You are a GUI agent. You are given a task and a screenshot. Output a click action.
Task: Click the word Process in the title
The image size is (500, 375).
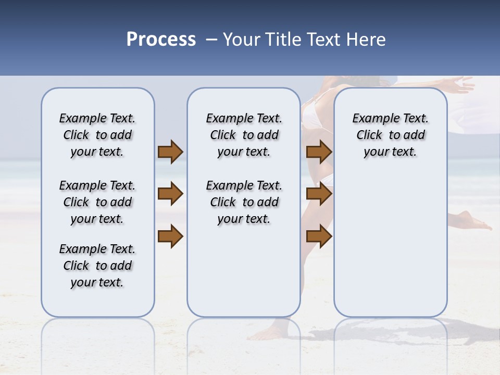click(x=161, y=40)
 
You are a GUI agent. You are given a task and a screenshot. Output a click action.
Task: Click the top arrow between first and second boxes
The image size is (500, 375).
click(x=170, y=152)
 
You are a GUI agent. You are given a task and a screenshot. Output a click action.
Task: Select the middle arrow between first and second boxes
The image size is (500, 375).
click(x=170, y=194)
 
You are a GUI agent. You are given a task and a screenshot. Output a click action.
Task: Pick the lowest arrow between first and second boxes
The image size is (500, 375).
click(x=170, y=236)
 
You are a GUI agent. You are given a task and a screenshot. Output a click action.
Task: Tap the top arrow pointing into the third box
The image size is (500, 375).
click(x=319, y=152)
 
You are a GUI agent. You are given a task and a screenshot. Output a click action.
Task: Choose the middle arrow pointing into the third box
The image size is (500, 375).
click(x=319, y=194)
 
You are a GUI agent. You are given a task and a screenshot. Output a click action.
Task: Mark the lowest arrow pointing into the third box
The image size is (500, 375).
click(x=319, y=236)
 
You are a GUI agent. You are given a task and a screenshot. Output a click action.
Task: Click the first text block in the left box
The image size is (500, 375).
click(x=97, y=135)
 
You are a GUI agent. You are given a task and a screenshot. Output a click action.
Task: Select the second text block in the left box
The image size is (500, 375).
click(x=97, y=202)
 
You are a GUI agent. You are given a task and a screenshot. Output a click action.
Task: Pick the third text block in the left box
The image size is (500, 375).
click(x=97, y=266)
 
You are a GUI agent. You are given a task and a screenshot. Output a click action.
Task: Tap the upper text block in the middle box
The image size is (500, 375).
click(x=244, y=135)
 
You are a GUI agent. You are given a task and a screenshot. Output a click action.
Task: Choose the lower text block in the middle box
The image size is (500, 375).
click(x=244, y=202)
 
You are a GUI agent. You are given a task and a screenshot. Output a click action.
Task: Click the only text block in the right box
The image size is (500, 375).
click(x=390, y=135)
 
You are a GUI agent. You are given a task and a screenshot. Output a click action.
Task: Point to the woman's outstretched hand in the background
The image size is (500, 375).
click(x=461, y=83)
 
